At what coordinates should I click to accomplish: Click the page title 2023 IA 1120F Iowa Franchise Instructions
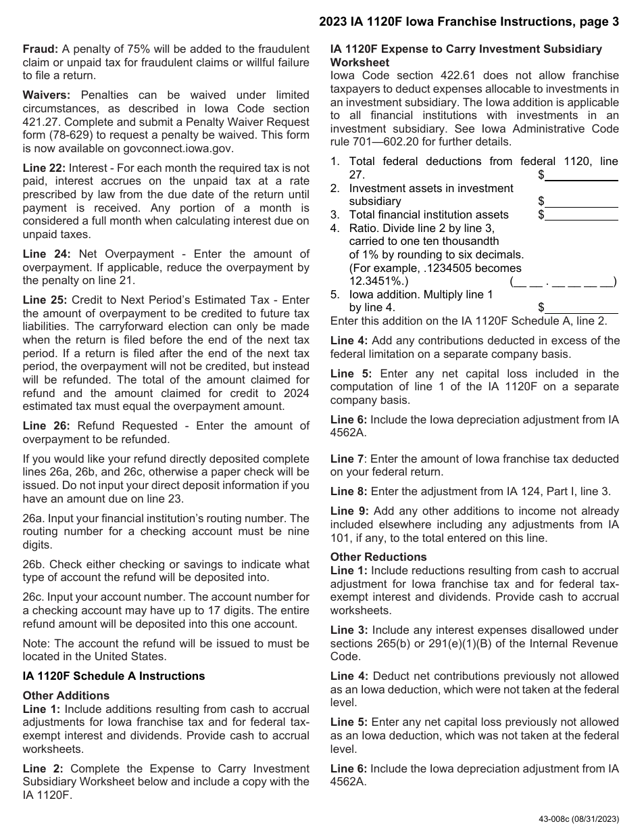(469, 22)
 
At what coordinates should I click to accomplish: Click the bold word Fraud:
(41, 49)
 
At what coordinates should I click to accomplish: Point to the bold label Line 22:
(44, 168)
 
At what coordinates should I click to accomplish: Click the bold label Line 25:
(44, 300)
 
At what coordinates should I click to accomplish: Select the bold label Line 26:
(44, 425)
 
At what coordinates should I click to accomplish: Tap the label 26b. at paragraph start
(34, 563)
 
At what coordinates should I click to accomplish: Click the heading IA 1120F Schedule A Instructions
(114, 676)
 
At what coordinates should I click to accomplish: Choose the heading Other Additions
(66, 695)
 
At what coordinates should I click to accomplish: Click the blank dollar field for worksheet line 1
(581, 175)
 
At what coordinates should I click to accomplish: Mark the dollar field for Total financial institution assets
(581, 214)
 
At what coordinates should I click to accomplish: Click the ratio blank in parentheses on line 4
(563, 281)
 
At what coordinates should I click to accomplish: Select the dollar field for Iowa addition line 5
(581, 307)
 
